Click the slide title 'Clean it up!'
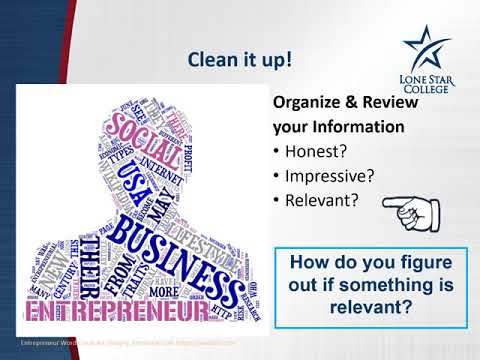coord(240,60)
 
